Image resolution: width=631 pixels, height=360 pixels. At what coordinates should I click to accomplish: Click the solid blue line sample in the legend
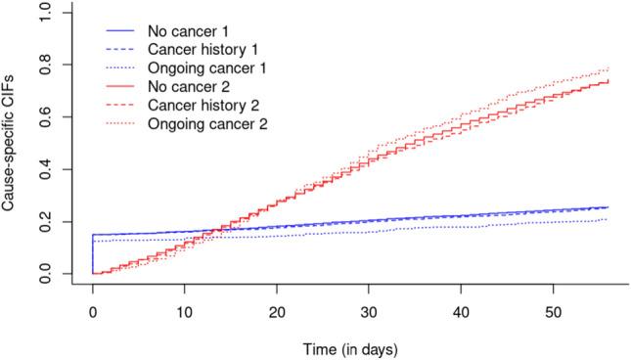pyautogui.click(x=112, y=30)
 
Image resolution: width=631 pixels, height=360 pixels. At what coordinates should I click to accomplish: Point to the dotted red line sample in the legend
pyautogui.click(x=112, y=124)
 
